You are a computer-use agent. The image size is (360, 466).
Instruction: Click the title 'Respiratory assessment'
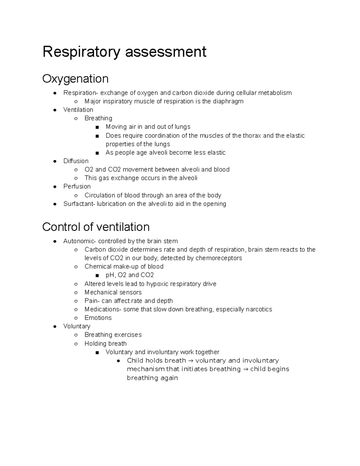pos(124,52)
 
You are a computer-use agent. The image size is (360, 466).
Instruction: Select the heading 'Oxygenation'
pos(75,79)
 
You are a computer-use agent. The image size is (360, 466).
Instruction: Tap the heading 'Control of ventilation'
pos(96,227)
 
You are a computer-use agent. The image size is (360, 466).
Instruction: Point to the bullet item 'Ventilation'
pos(78,110)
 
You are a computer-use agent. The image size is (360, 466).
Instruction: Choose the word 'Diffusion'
pos(76,161)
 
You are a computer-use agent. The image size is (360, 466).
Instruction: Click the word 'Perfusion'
pos(77,187)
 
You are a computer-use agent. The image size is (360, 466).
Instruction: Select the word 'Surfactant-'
pos(79,204)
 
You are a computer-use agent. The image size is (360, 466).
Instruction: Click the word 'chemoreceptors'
pos(219,258)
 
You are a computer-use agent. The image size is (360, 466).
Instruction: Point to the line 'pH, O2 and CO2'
pos(130,275)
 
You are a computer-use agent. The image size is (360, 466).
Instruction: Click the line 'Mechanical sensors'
pos(113,293)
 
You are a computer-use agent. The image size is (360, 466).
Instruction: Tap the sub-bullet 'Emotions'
pos(98,318)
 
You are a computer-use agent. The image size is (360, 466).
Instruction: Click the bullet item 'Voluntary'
pos(77,326)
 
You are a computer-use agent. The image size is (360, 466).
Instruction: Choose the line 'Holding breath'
pos(105,344)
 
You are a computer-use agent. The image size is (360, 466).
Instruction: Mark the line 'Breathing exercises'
pos(113,335)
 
